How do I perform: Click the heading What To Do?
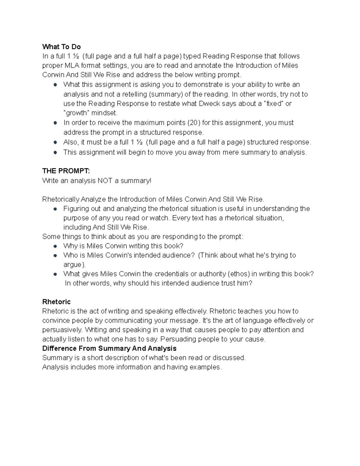[x=61, y=47]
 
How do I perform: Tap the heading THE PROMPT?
[x=66, y=171]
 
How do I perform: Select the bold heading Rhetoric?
[x=56, y=302]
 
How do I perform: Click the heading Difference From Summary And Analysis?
[x=109, y=348]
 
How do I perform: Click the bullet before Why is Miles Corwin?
[x=55, y=246]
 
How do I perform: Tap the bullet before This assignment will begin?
[x=55, y=152]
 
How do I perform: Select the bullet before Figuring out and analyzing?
[x=55, y=209]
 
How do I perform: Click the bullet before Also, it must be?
[x=55, y=142]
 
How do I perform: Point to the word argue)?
[x=74, y=265]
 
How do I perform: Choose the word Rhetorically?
[x=61, y=200]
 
